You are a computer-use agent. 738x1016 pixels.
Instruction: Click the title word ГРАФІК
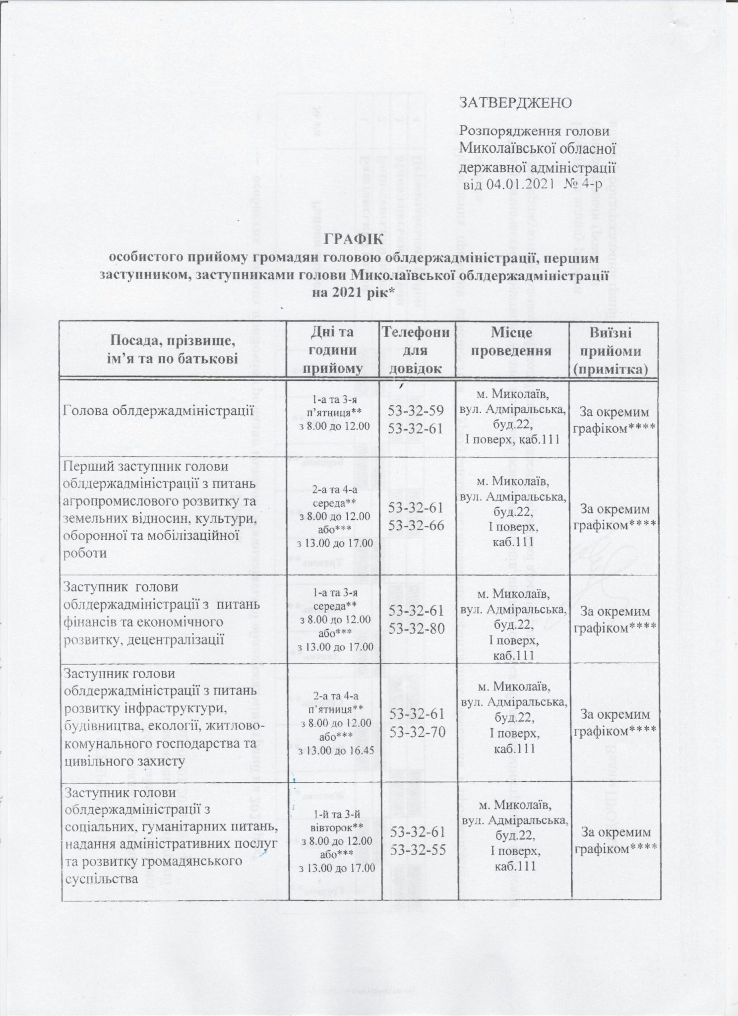pos(354,239)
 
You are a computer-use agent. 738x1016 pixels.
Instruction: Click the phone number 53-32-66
pos(417,526)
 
